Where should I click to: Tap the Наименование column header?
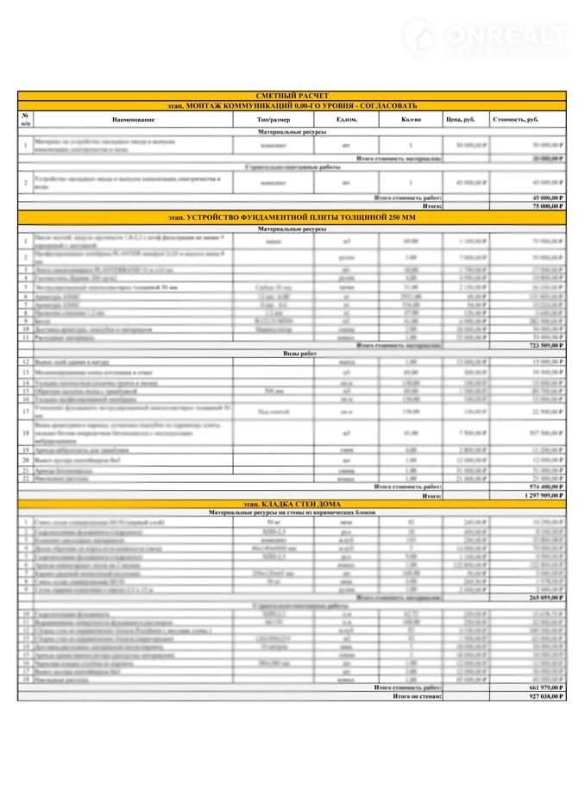[x=134, y=118]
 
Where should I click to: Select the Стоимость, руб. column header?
[x=526, y=118]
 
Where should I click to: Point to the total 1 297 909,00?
[x=543, y=496]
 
